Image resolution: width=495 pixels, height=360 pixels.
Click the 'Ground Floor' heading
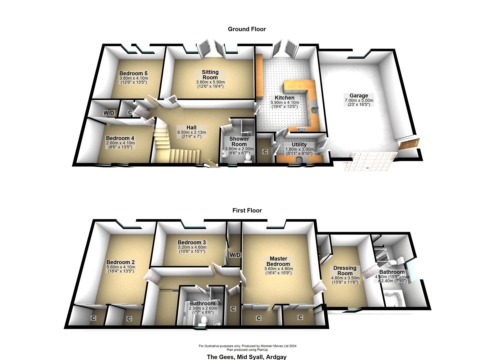pos(247,29)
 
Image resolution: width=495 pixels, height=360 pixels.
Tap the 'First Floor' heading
pos(247,211)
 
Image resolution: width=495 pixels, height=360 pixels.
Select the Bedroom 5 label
pos(133,73)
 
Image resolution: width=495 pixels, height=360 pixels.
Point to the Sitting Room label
pos(210,75)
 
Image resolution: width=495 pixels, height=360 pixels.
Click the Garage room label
pos(359,96)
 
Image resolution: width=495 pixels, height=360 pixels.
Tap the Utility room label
pos(299,145)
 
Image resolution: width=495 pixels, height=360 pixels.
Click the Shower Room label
pos(239,142)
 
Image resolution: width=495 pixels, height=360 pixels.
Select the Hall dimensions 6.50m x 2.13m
pos(191,132)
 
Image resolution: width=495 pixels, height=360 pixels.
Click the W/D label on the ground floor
pos(109,113)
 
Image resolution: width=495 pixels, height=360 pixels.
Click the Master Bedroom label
pos(278,261)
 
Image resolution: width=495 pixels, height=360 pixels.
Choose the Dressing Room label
pos(345,271)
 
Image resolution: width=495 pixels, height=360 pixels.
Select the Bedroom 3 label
pos(192,243)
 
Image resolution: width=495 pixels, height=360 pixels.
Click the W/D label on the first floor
pos(235,255)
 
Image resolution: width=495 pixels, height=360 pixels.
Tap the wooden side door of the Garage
pos(409,144)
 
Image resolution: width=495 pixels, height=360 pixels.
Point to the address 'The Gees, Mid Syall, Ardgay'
pos(247,357)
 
